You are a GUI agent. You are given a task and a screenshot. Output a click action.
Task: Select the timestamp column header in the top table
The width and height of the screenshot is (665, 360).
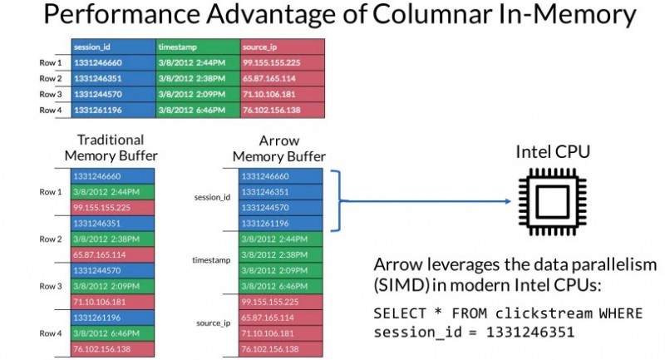coord(177,47)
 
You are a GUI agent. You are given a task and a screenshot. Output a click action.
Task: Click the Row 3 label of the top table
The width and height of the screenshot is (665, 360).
coord(51,94)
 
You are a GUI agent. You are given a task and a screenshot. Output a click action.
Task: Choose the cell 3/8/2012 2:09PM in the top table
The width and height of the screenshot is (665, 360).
coord(186,94)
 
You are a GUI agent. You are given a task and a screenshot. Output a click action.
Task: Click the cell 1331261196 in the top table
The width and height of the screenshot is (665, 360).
coord(98,110)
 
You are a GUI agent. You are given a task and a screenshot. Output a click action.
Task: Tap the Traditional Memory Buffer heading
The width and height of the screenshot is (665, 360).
coord(111,148)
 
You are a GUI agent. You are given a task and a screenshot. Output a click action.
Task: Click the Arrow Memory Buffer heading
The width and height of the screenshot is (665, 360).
coord(278,148)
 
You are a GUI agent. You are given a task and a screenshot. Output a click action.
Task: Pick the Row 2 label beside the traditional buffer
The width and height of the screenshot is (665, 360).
coord(51,239)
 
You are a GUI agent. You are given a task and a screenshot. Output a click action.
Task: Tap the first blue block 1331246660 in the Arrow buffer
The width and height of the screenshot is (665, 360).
coord(278,176)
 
